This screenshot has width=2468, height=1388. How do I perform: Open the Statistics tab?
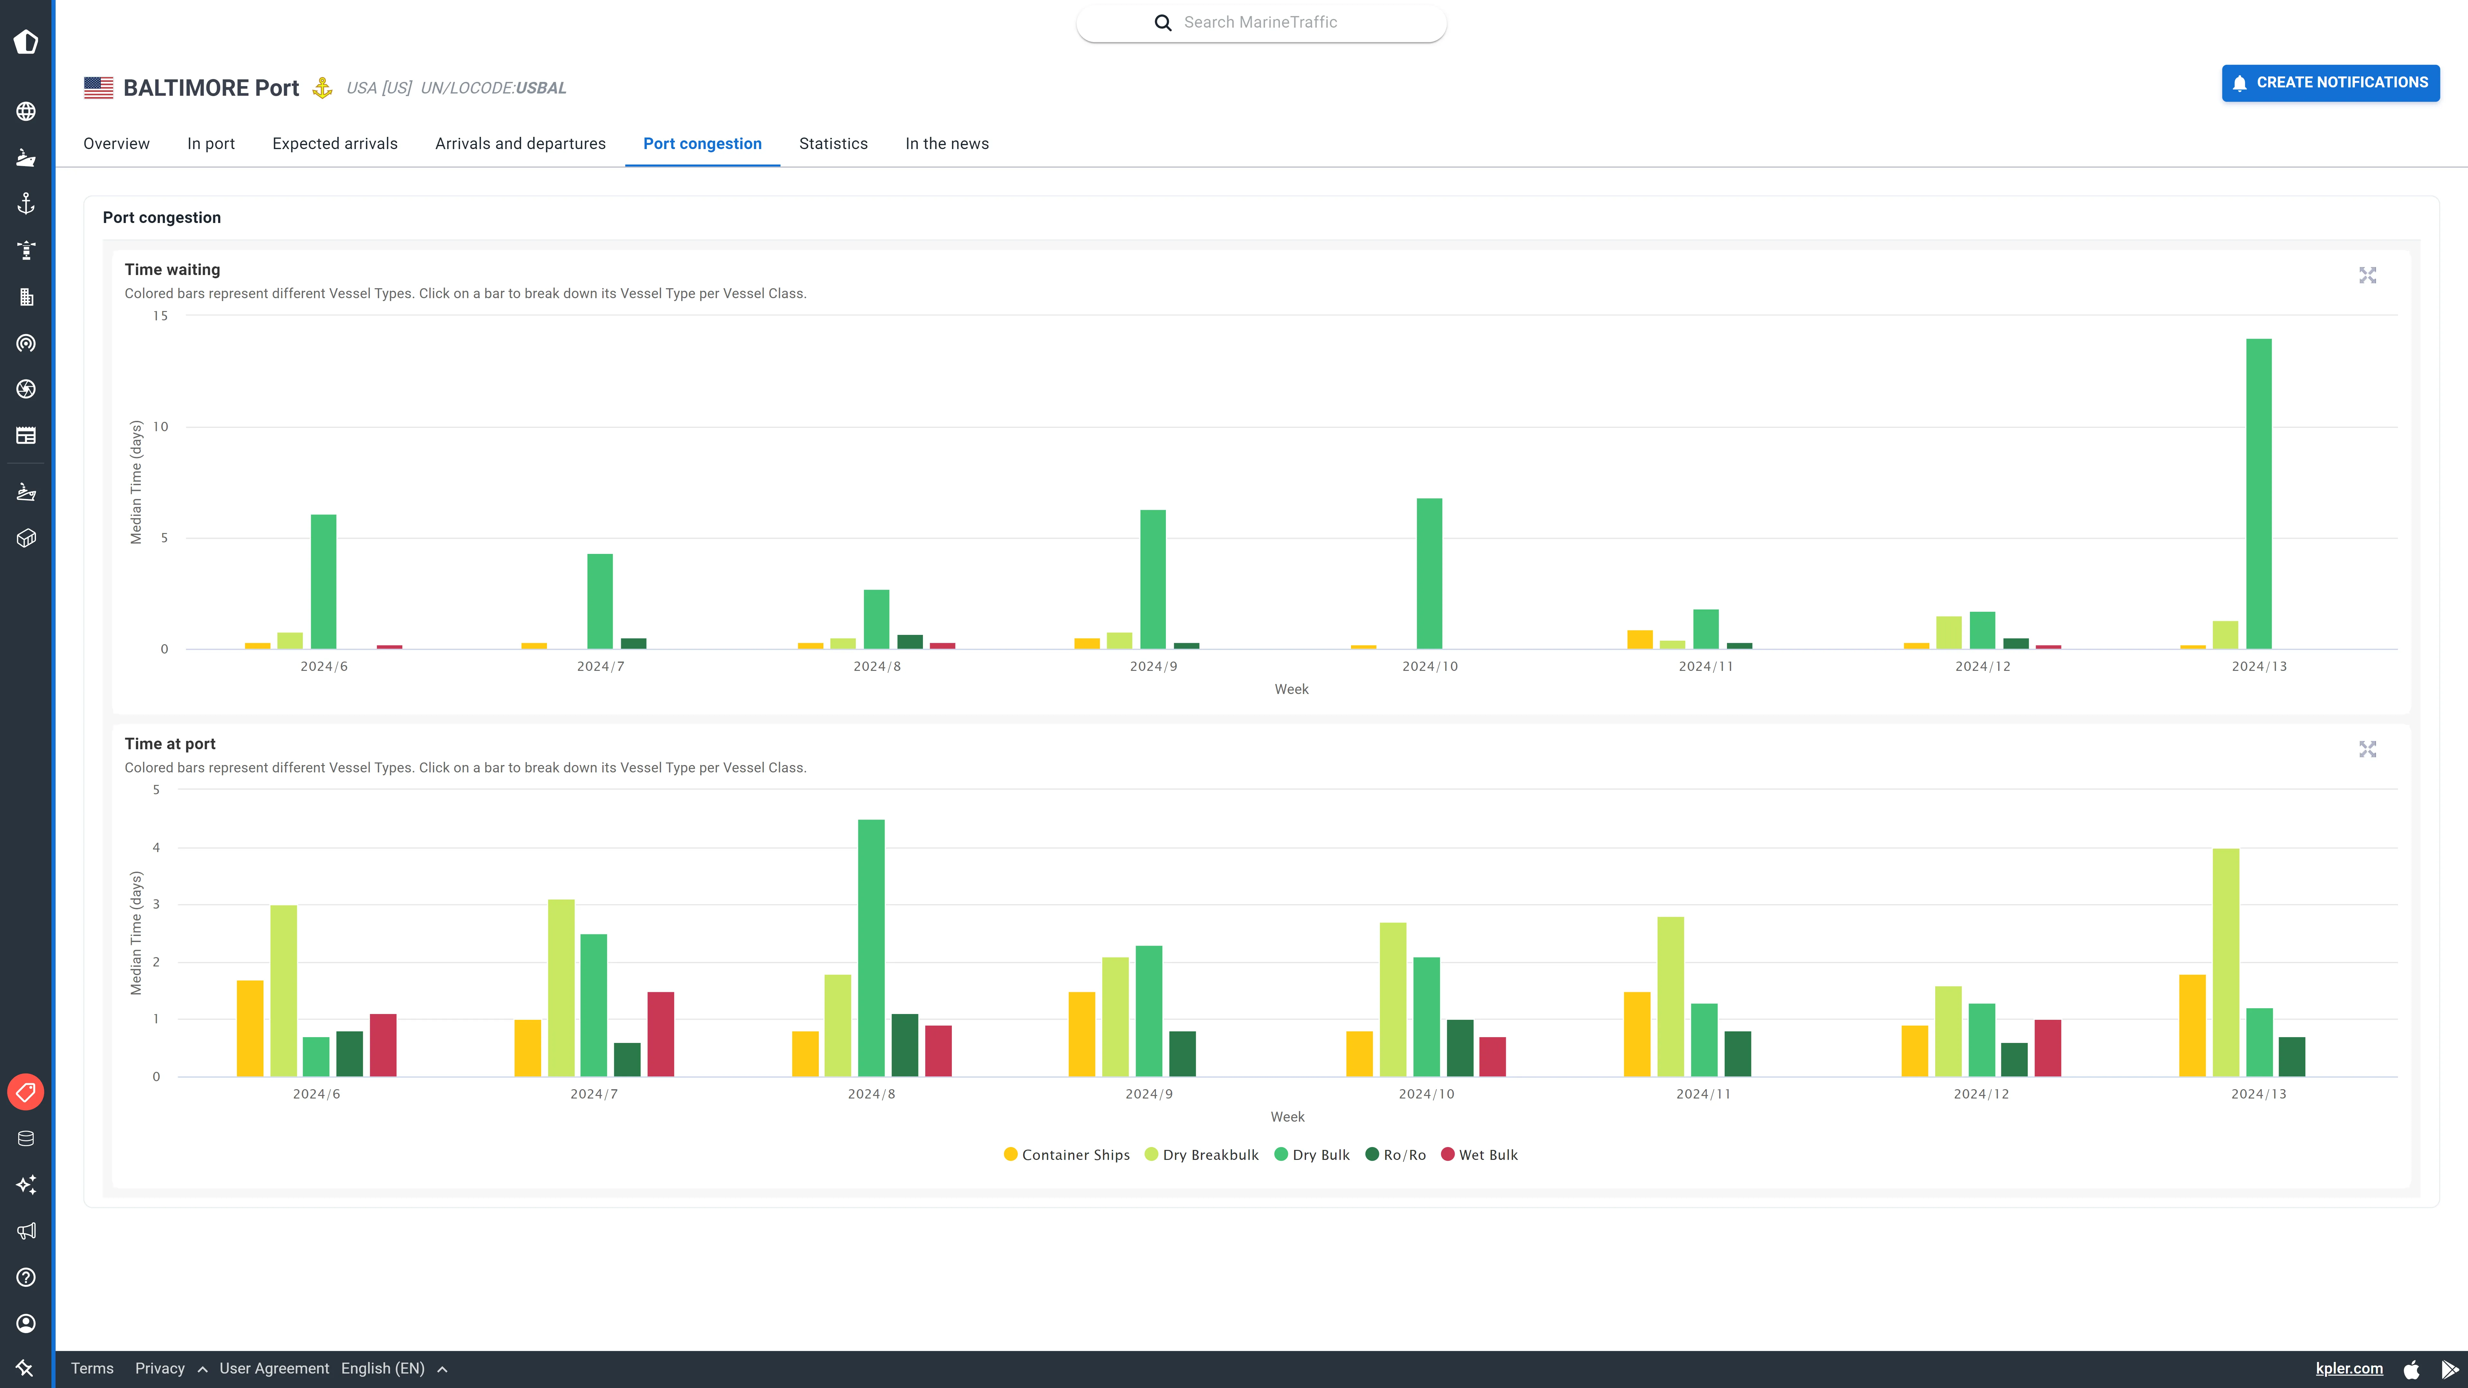833,144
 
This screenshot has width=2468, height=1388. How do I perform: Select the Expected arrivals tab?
334,144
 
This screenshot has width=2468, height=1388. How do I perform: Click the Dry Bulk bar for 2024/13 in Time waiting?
2258,493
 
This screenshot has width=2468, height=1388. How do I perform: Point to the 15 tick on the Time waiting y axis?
160,316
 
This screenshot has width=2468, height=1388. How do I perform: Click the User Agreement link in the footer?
274,1368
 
